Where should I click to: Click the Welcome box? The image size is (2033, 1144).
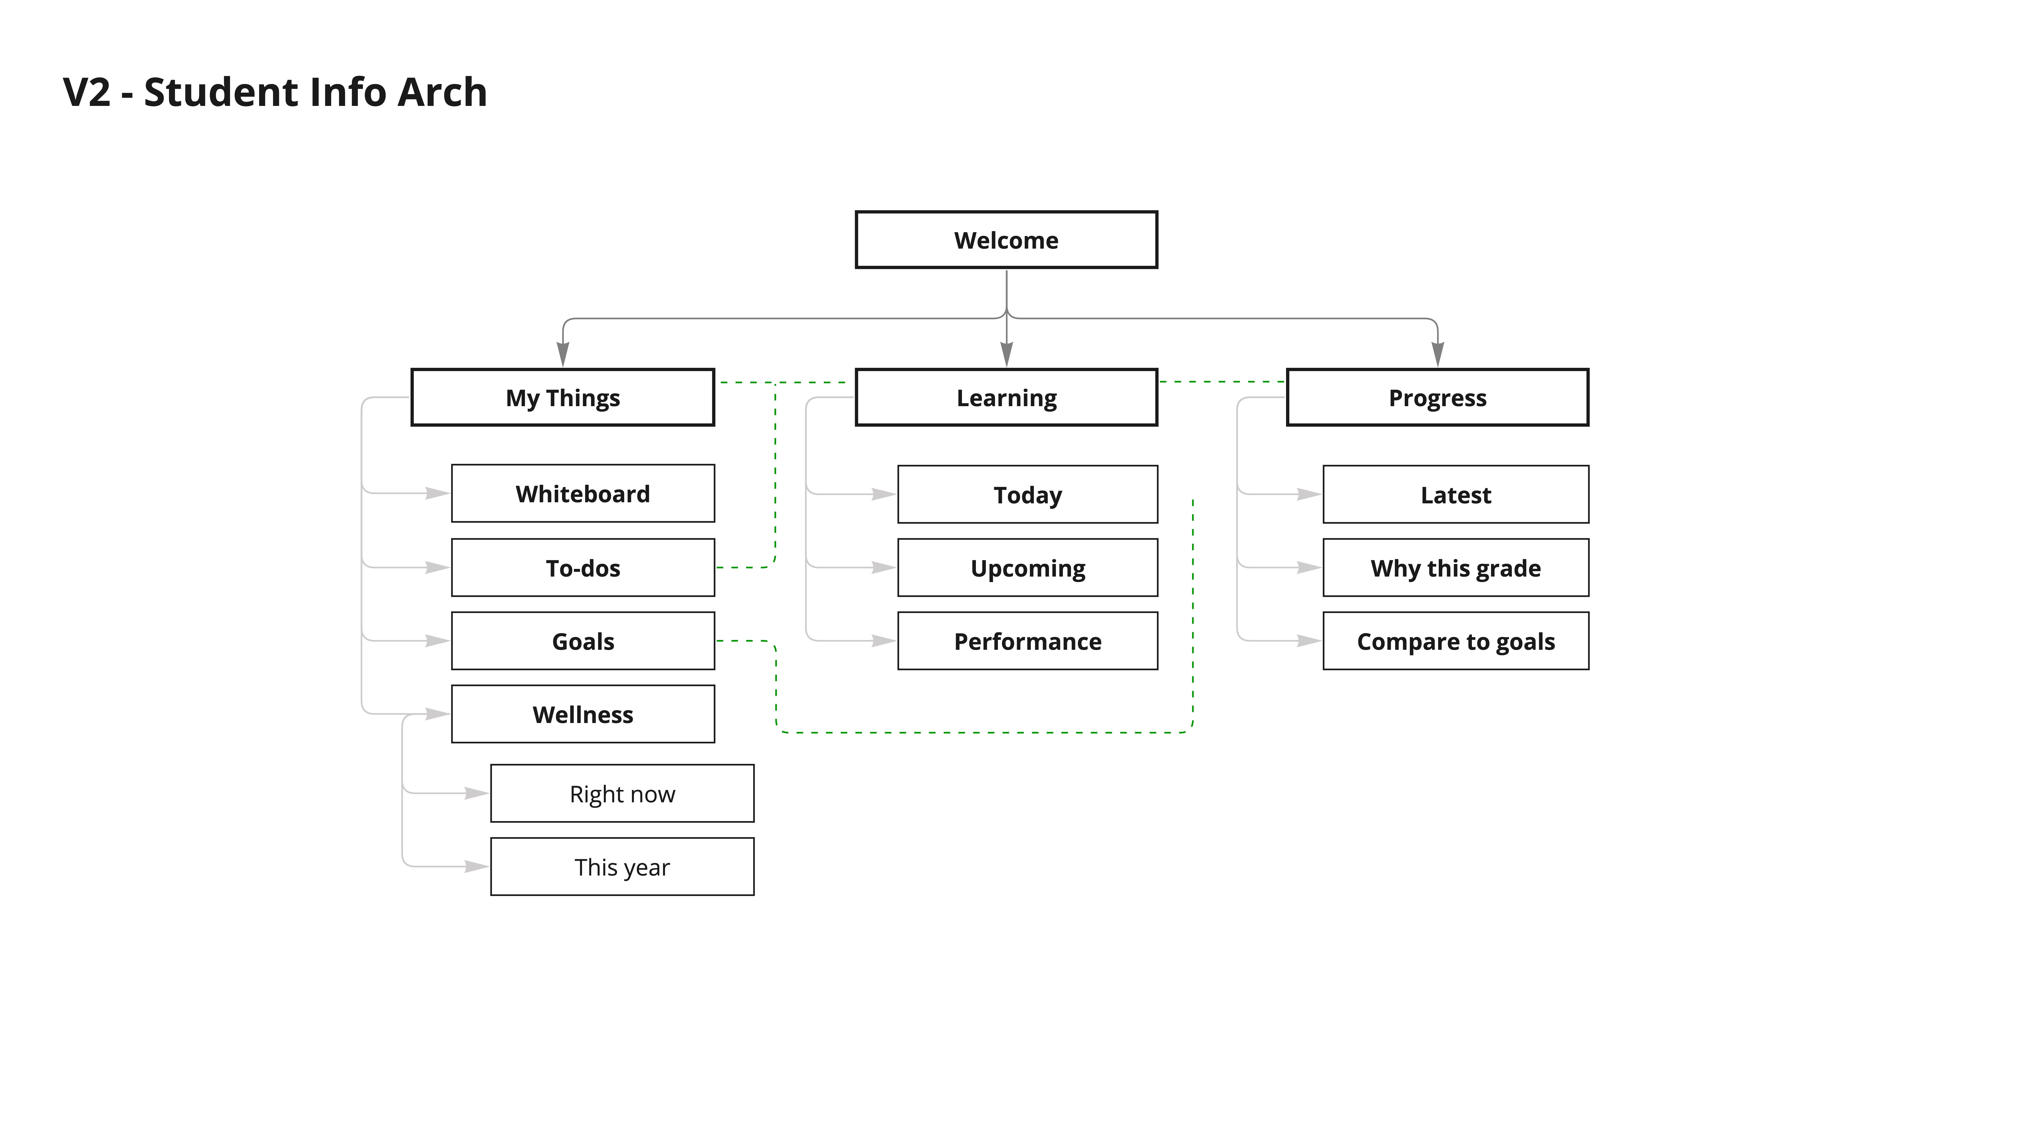1006,240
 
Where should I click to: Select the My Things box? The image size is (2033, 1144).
563,397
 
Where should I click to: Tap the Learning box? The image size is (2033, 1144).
1006,397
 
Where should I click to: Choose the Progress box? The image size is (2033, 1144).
1437,397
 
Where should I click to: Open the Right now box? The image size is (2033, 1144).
622,793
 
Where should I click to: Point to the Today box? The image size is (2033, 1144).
1028,494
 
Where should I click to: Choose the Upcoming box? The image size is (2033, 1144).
1028,568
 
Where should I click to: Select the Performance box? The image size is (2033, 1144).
1028,641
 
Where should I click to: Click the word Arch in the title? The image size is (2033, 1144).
442,92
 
